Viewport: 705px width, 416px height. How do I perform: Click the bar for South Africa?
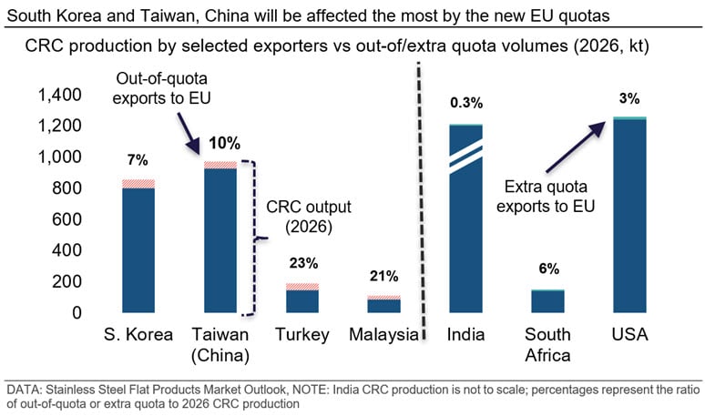pos(547,301)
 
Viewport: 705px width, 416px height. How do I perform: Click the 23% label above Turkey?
pos(303,264)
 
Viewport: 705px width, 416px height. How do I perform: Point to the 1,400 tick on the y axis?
pos(59,95)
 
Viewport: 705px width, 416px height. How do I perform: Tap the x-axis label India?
pos(465,335)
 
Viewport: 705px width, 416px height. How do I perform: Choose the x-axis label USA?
pos(629,335)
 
